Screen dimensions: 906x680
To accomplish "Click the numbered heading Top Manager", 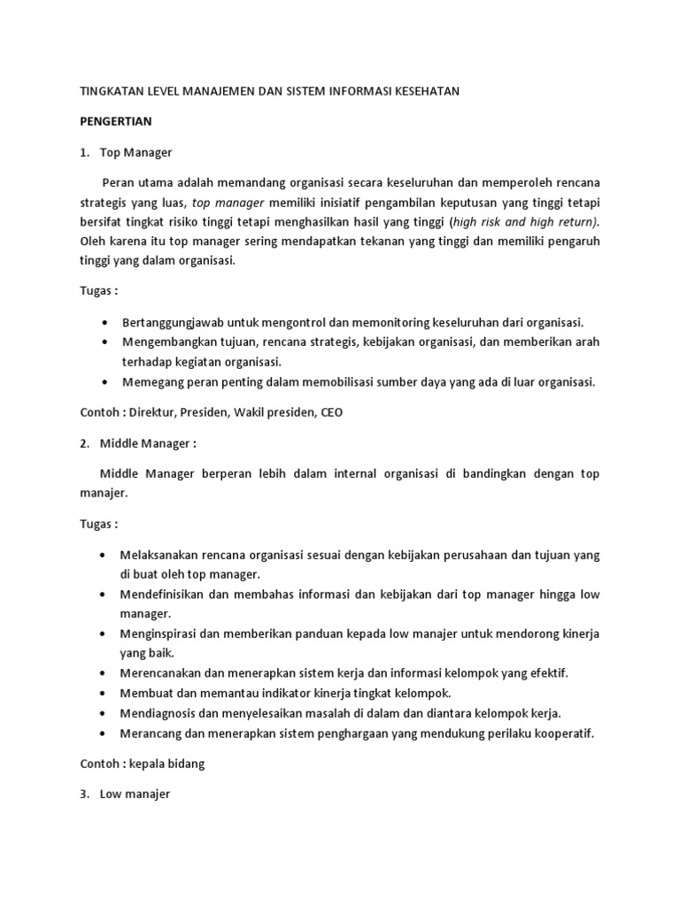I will [x=135, y=152].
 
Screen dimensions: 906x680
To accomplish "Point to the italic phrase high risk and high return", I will [x=522, y=221].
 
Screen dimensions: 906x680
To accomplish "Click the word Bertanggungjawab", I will [x=170, y=322].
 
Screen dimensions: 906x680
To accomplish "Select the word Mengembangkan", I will [x=166, y=342].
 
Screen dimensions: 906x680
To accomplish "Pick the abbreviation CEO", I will [x=332, y=412].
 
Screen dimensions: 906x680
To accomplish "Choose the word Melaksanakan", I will [x=160, y=555].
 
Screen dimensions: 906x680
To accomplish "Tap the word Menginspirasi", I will [x=162, y=634].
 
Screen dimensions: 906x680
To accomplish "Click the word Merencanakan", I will [x=160, y=673].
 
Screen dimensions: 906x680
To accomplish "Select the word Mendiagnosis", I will [x=159, y=713].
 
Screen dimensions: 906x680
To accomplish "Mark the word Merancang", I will [x=151, y=733].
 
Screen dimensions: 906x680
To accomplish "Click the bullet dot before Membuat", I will [x=105, y=694].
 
